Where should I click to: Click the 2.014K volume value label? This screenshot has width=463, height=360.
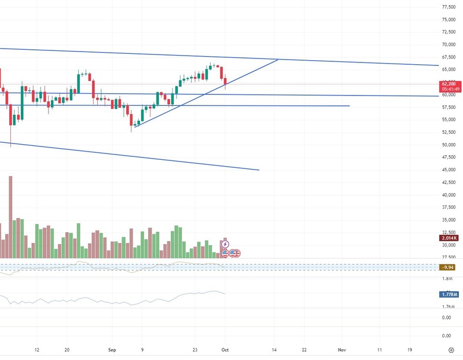[x=449, y=237]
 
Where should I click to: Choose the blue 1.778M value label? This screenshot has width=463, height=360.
[x=449, y=295]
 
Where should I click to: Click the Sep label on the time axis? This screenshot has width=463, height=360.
[x=113, y=350]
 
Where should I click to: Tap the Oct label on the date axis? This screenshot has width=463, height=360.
[x=225, y=350]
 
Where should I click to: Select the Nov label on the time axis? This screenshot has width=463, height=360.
[x=342, y=350]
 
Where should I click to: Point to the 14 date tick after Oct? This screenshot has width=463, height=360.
[x=274, y=350]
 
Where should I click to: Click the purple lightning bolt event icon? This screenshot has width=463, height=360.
[x=225, y=244]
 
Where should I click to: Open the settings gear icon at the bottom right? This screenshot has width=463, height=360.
[x=451, y=350]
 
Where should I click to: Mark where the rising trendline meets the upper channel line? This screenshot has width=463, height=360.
[x=279, y=60]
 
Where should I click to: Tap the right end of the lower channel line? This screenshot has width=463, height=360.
[x=259, y=170]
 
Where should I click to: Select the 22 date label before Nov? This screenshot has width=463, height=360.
[x=304, y=350]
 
